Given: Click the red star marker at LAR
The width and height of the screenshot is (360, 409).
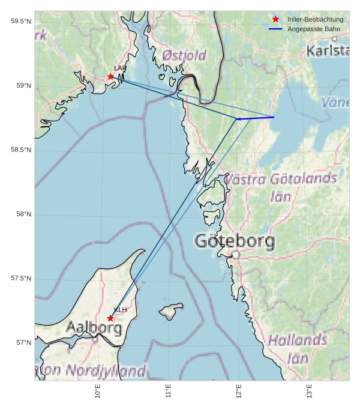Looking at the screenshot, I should tap(111, 76).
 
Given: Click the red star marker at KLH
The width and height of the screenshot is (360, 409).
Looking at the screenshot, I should tap(110, 318).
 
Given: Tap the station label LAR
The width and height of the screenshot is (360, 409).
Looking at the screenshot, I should tap(120, 68).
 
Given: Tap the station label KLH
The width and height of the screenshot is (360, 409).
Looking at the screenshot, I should tap(120, 310).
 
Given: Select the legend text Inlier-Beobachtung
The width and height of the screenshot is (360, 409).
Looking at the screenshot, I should tap(315, 19).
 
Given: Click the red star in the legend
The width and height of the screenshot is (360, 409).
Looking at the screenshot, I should tap(275, 19).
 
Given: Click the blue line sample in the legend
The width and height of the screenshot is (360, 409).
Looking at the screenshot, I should tap(275, 29).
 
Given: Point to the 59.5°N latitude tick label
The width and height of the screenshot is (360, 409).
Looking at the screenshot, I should tap(20, 22).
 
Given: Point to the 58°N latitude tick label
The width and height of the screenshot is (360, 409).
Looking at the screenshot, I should tap(23, 214).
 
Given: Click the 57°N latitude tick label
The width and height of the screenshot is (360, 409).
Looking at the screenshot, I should tap(23, 343).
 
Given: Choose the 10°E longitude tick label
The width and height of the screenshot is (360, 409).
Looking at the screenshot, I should tap(98, 392).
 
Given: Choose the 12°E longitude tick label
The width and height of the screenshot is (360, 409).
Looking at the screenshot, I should tap(239, 392).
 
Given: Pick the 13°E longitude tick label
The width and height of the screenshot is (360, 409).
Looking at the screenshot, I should tap(310, 392).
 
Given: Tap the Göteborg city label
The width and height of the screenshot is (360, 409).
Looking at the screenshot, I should tap(235, 242).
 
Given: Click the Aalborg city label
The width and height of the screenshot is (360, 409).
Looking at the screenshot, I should tap(94, 329).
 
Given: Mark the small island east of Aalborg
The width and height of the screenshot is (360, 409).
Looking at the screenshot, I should tap(172, 311).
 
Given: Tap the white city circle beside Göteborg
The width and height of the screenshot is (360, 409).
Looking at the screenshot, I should tap(236, 255).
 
